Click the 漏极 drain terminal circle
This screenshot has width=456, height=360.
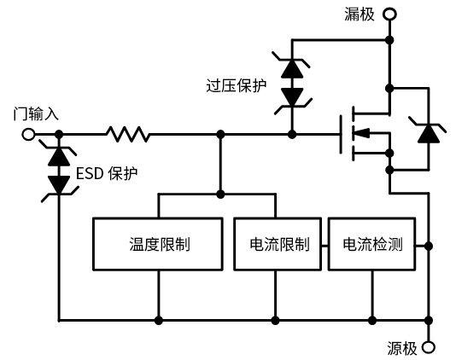click(x=389, y=14)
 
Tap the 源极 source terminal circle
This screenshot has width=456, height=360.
click(x=429, y=347)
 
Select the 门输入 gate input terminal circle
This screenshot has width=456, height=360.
click(x=28, y=134)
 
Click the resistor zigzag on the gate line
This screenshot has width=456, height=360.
click(x=128, y=134)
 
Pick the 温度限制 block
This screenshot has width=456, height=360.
click(x=158, y=244)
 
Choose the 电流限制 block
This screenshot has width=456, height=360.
click(x=278, y=244)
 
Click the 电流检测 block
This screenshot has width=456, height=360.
click(x=371, y=244)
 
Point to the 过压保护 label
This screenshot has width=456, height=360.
click(x=237, y=85)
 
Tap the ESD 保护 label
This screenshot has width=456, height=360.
click(x=107, y=173)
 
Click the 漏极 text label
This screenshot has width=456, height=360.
click(x=360, y=14)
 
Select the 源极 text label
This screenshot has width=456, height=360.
click(x=402, y=348)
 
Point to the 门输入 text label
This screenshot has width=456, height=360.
click(x=36, y=113)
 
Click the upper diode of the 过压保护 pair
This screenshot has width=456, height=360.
click(x=292, y=67)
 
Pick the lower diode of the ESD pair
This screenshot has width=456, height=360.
click(x=59, y=186)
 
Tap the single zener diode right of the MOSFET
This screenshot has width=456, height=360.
click(x=429, y=132)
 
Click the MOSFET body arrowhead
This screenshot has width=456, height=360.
click(x=361, y=133)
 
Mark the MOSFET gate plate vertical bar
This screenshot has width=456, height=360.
click(x=341, y=134)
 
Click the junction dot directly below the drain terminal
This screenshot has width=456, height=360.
click(x=389, y=40)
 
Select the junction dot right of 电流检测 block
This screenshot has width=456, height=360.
click(x=429, y=246)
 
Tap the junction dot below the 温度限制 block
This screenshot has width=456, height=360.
click(x=159, y=321)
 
